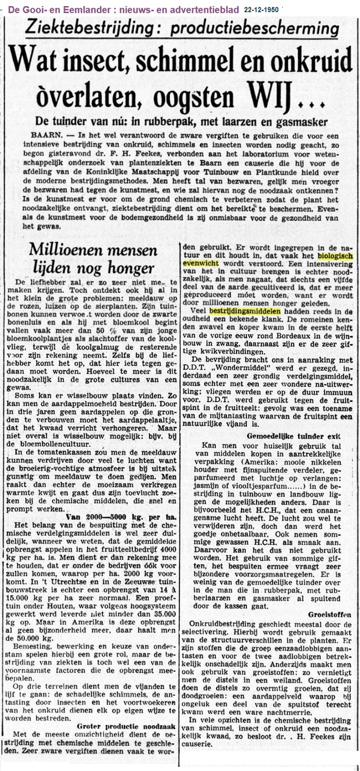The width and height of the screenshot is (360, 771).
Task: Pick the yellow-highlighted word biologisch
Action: click(335, 255)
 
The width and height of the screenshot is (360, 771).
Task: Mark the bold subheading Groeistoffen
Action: click(330, 614)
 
